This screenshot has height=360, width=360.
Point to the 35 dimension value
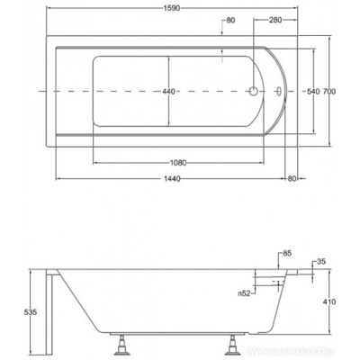coord(322,262)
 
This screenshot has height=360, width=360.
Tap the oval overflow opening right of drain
coord(282,92)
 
